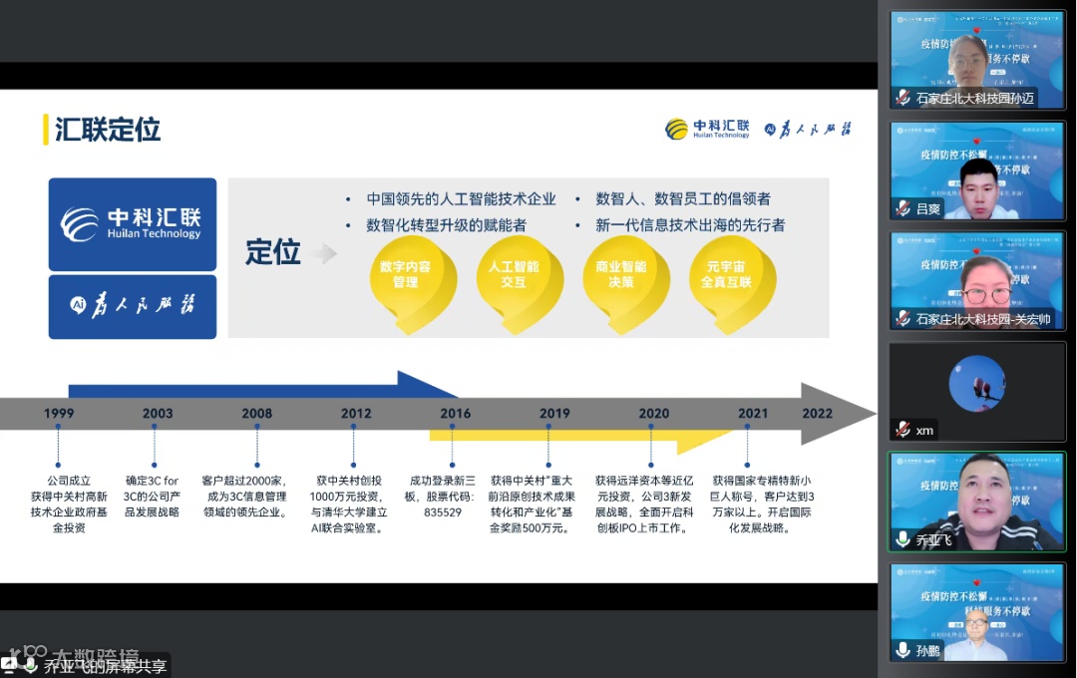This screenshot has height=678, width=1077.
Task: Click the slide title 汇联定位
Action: (108, 130)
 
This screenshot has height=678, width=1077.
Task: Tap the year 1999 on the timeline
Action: (59, 414)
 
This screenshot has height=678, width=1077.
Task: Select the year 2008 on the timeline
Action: (256, 414)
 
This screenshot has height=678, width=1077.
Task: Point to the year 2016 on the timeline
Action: (455, 414)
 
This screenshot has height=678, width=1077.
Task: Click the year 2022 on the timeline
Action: (817, 414)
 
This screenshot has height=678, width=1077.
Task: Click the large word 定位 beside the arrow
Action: (273, 252)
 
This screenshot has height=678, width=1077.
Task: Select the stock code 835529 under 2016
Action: (442, 512)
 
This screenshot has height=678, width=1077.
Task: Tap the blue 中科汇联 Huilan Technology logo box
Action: (133, 224)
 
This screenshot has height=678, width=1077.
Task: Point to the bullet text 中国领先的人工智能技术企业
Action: (461, 199)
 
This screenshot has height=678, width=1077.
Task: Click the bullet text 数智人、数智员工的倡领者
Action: (683, 199)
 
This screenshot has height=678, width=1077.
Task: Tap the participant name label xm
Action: (925, 430)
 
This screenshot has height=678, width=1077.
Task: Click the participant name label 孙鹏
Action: (928, 650)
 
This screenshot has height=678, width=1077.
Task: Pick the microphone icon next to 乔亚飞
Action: (902, 539)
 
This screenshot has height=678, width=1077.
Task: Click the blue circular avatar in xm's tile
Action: (976, 383)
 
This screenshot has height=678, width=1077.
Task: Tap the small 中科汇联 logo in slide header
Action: (708, 129)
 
